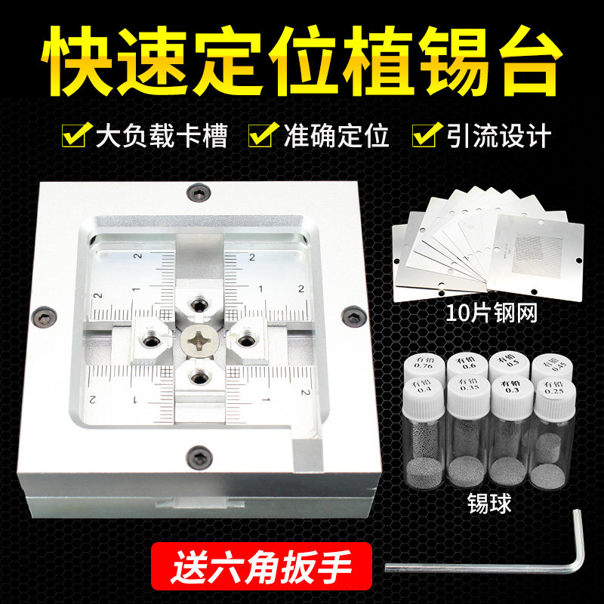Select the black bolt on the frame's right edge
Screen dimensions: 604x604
pos(349,318)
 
